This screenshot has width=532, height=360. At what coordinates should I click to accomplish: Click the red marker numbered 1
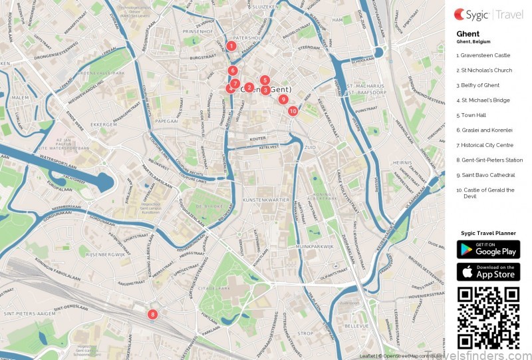pos(231,46)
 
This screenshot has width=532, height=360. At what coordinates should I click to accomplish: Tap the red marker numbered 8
pos(152,314)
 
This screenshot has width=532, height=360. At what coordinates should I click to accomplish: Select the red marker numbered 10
pos(293,111)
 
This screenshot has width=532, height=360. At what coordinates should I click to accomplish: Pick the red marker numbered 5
pos(265,80)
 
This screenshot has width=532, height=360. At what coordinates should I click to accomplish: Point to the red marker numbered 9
pos(283,99)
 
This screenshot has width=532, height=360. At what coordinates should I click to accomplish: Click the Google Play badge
pos(488,250)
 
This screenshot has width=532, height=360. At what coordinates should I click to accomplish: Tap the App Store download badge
pos(488,271)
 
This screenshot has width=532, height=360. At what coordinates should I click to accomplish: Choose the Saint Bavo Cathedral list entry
pos(485,175)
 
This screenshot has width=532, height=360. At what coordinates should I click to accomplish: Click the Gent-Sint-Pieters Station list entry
pos(489,160)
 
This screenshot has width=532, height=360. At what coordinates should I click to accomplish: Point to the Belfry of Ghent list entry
pos(478,85)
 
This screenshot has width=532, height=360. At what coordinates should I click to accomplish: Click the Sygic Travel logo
pos(487,13)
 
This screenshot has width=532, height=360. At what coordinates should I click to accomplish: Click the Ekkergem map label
pos(104,124)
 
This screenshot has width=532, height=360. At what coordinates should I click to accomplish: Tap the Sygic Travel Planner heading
pos(488,233)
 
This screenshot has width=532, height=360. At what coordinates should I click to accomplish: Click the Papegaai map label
pos(166,121)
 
